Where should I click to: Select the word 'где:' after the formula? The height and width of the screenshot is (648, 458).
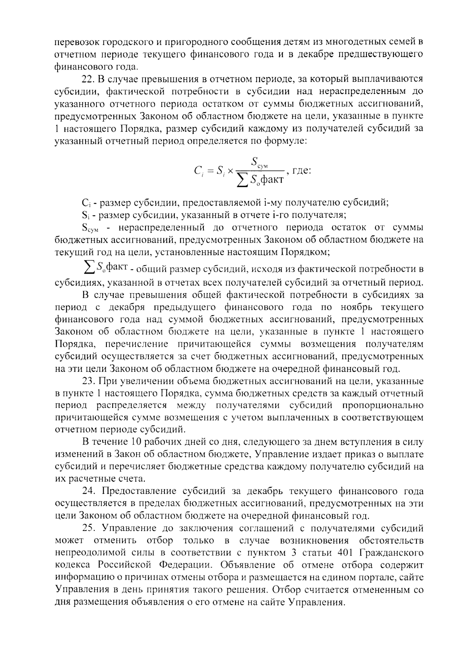pyautogui.click(x=301, y=170)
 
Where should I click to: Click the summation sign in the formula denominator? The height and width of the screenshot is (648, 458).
pyautogui.click(x=242, y=179)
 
